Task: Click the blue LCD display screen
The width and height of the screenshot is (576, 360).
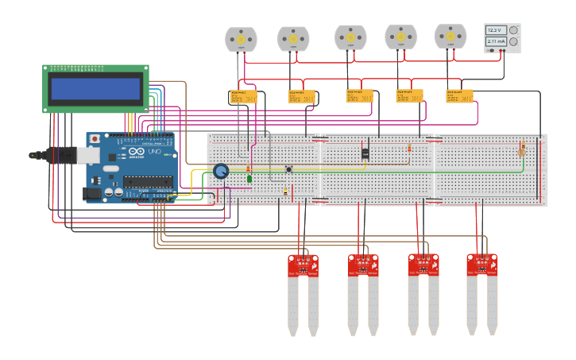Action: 95,88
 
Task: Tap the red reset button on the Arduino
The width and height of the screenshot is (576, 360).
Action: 95,139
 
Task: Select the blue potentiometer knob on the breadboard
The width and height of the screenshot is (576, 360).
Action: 221,171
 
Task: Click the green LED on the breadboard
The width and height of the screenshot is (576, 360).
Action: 249,179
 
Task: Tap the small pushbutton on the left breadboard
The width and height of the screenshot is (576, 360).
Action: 289,168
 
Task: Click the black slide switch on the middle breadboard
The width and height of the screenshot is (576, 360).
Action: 365,153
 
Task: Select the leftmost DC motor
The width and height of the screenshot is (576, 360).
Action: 241,40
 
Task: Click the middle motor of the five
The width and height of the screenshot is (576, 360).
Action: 350,38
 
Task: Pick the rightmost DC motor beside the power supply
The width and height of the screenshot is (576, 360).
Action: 450,37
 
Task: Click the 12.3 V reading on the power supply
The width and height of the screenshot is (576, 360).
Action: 496,30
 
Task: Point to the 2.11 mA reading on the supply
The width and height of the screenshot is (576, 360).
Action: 496,41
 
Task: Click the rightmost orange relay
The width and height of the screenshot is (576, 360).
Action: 459,96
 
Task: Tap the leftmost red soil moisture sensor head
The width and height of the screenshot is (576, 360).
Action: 302,265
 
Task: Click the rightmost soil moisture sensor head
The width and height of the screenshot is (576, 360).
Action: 482,264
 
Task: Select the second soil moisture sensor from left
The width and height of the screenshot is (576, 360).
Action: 362,265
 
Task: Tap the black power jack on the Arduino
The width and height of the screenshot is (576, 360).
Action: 94,192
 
